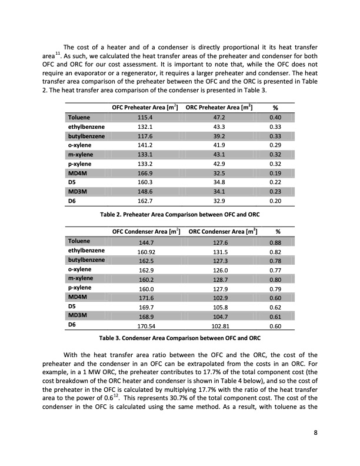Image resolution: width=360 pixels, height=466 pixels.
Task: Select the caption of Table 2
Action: tap(179, 214)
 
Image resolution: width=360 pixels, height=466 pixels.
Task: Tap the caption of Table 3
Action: tap(179, 338)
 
